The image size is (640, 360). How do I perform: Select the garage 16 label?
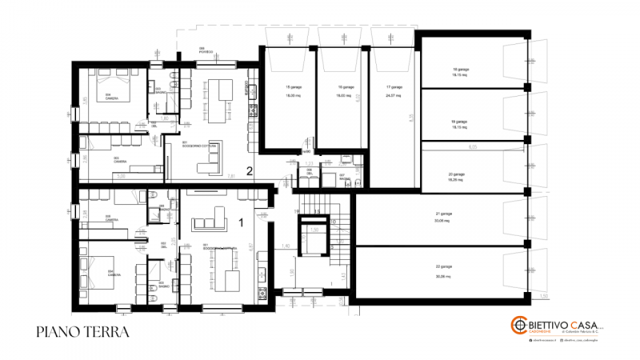coord(345,86)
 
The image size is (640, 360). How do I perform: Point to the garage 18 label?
coord(459,69)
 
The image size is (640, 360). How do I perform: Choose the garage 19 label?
coord(458,122)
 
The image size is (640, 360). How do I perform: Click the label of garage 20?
coord(457,174)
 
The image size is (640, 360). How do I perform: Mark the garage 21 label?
coord(444,214)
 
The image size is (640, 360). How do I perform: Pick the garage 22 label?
coord(444,266)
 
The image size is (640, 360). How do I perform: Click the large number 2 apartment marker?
coord(250,170)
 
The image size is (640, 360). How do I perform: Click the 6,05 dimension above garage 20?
coord(472,147)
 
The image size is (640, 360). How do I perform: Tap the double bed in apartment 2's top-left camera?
coord(112,82)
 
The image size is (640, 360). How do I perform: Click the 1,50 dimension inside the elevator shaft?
coord(314,230)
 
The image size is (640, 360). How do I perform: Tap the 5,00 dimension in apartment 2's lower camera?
coord(120,176)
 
